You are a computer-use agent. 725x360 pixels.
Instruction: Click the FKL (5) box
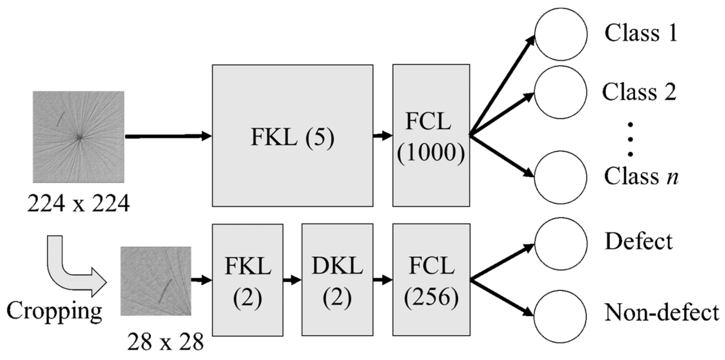(x=292, y=136)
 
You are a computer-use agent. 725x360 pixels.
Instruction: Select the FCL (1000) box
(x=431, y=136)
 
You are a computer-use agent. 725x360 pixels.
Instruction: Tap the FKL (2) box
(x=248, y=280)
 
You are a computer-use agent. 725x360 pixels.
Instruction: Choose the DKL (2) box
(x=337, y=280)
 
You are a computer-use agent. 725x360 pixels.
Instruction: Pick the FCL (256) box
(x=431, y=280)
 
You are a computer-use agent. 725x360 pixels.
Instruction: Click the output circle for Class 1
(x=561, y=34)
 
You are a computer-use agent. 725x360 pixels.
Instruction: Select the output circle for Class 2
(x=561, y=92)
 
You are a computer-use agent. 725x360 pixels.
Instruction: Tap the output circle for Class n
(x=561, y=177)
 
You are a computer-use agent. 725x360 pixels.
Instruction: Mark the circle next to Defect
(x=561, y=243)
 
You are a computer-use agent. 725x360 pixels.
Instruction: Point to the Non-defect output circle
(x=561, y=316)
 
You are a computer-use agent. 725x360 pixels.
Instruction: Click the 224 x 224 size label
(x=78, y=204)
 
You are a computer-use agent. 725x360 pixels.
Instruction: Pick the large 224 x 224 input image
(x=78, y=137)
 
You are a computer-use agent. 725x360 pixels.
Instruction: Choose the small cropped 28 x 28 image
(x=156, y=281)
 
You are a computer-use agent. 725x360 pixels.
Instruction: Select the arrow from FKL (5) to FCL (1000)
(x=383, y=136)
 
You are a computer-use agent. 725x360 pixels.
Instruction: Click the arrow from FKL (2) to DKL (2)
(x=292, y=280)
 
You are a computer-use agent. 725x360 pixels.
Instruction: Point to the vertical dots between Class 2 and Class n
(x=630, y=139)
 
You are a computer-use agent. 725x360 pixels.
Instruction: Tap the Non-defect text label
(x=661, y=313)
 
